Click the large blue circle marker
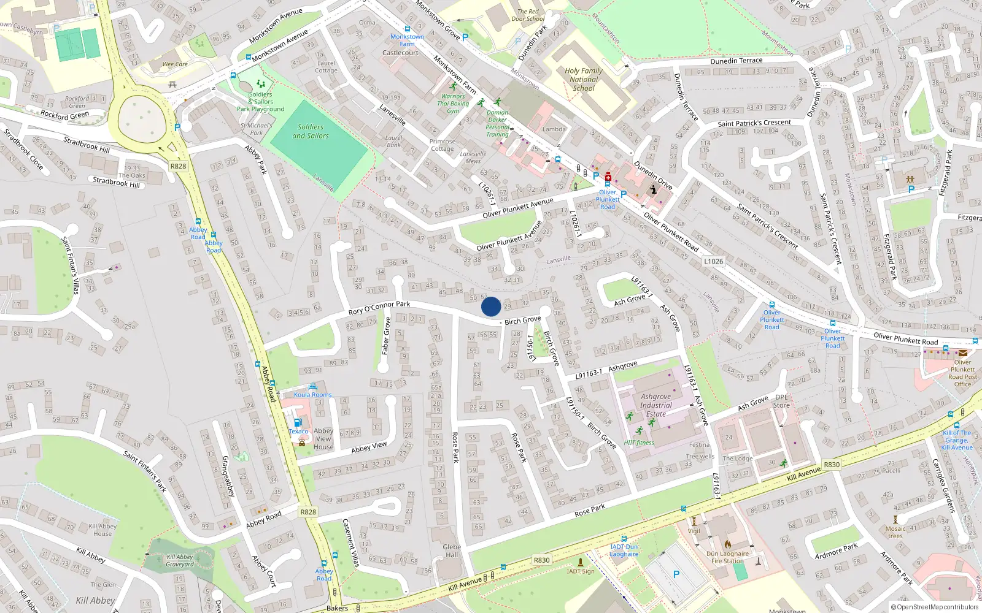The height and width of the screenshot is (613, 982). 491,306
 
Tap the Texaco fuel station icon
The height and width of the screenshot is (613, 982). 298,422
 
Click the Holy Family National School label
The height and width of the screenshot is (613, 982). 583,79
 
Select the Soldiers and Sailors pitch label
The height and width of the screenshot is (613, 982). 311,132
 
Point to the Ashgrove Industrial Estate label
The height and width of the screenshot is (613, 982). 655,405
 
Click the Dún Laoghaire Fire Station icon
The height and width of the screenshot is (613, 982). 727,544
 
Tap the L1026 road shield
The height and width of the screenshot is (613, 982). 713,261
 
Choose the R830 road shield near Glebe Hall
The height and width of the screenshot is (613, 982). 541,560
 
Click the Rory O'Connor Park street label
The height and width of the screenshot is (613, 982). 379,308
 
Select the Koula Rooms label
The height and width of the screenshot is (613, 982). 312,395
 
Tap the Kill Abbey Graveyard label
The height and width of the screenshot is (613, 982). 180,560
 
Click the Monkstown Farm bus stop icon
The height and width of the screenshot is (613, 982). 407,29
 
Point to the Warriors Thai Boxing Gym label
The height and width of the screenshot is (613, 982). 453,104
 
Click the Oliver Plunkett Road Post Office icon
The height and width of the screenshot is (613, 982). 962,353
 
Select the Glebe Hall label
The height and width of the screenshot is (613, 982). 452,550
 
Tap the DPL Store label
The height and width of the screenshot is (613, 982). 781,401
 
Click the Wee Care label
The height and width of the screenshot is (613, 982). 175,64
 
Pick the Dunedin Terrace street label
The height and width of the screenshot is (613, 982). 736,61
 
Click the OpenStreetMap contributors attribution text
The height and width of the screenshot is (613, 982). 935,607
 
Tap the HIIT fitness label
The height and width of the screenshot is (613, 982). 639,443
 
